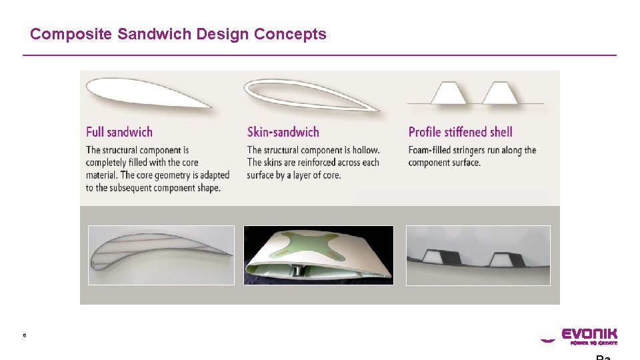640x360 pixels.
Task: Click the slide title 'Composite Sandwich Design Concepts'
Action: pyautogui.click(x=178, y=34)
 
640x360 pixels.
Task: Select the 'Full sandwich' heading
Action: pyautogui.click(x=119, y=132)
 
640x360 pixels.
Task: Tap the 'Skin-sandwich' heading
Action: pyautogui.click(x=283, y=132)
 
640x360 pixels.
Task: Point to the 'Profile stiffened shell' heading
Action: pyautogui.click(x=460, y=132)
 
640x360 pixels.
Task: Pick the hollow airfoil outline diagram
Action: pyautogui.click(x=307, y=93)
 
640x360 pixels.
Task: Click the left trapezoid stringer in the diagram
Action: pyautogui.click(x=448, y=93)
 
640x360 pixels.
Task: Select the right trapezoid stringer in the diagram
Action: pyautogui.click(x=499, y=93)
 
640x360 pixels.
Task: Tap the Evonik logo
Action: pyautogui.click(x=579, y=335)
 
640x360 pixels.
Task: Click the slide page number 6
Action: pyautogui.click(x=25, y=335)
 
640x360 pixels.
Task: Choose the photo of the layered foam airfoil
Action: pyautogui.click(x=161, y=255)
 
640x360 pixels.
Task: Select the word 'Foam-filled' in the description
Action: pyautogui.click(x=431, y=150)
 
